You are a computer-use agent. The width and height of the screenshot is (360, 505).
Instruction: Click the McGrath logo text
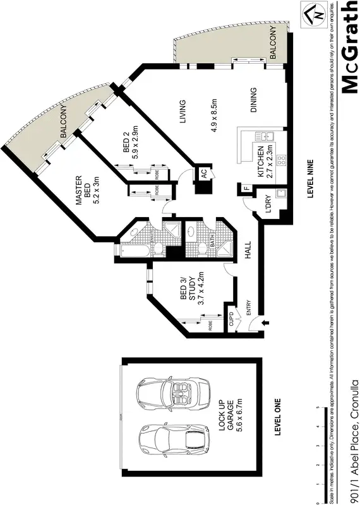click(x=350, y=47)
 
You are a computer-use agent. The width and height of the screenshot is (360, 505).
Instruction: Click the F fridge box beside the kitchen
click(x=247, y=188)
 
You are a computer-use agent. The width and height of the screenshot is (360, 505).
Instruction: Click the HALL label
click(x=248, y=252)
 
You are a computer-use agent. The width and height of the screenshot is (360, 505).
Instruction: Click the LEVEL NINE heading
click(x=311, y=179)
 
